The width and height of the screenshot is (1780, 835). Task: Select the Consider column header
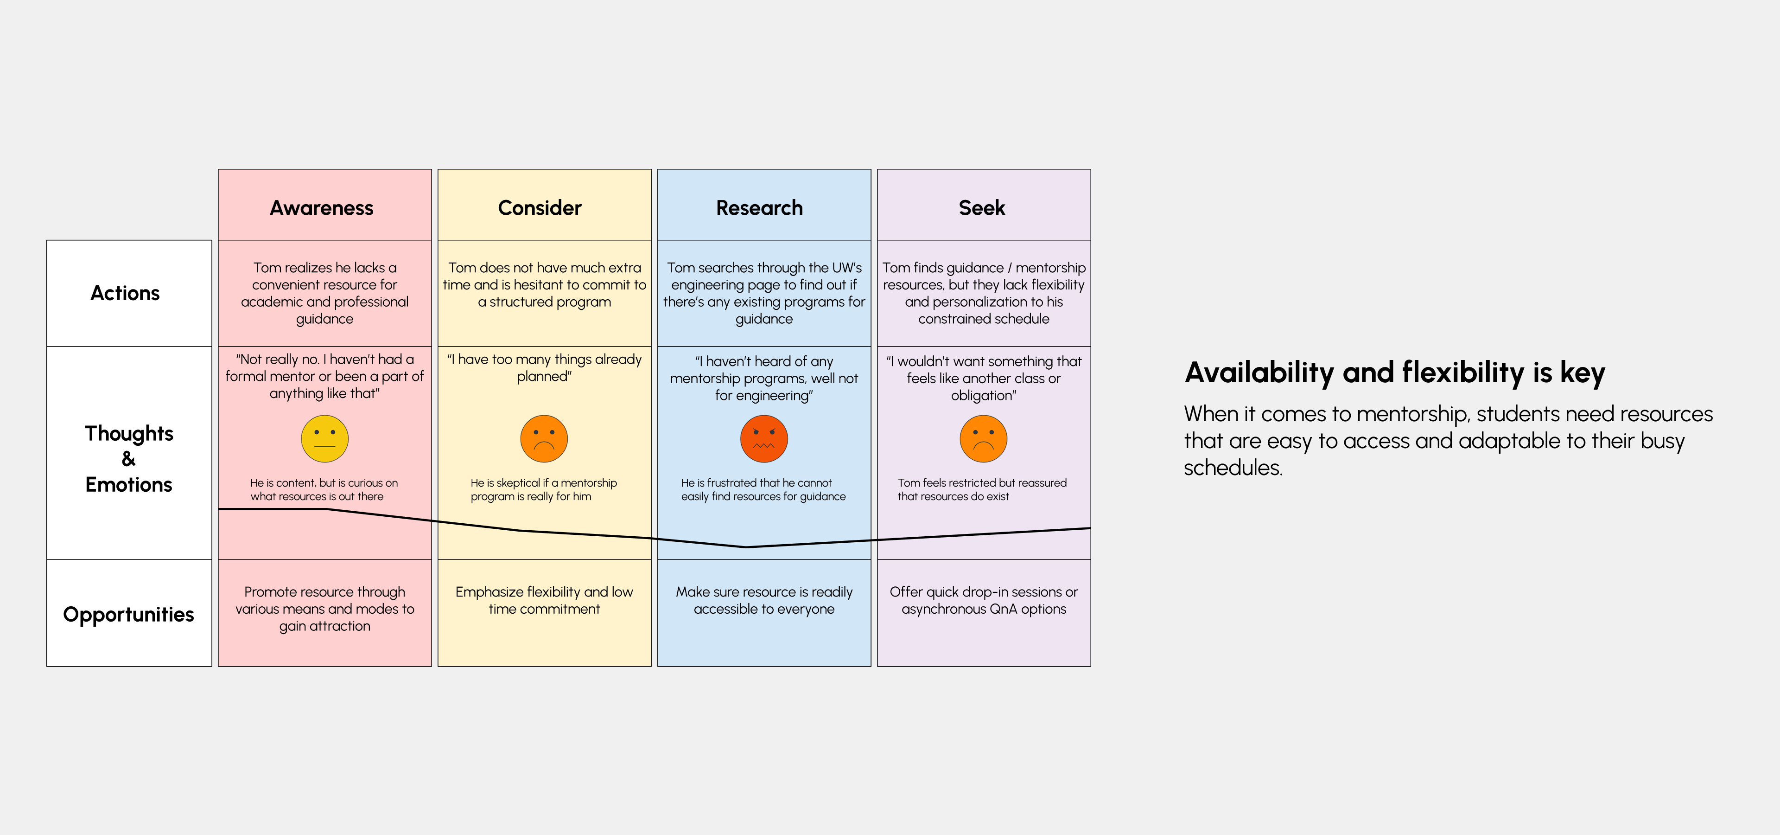540,208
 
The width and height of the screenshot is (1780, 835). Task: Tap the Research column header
759,208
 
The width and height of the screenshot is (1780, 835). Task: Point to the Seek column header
982,208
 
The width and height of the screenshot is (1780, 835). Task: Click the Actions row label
125,293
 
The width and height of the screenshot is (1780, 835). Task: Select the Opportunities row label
128,615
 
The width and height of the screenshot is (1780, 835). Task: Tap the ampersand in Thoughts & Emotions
128,459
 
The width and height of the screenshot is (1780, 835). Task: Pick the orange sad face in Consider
544,439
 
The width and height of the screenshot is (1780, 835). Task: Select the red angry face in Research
763,439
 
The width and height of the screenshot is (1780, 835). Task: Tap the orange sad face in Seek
983,439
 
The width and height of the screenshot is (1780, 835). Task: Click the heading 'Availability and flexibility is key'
1394,373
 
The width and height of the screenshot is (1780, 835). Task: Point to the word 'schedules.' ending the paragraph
1233,468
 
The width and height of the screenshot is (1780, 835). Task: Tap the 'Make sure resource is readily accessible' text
763,600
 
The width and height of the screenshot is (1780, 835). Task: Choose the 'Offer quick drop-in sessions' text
983,592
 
